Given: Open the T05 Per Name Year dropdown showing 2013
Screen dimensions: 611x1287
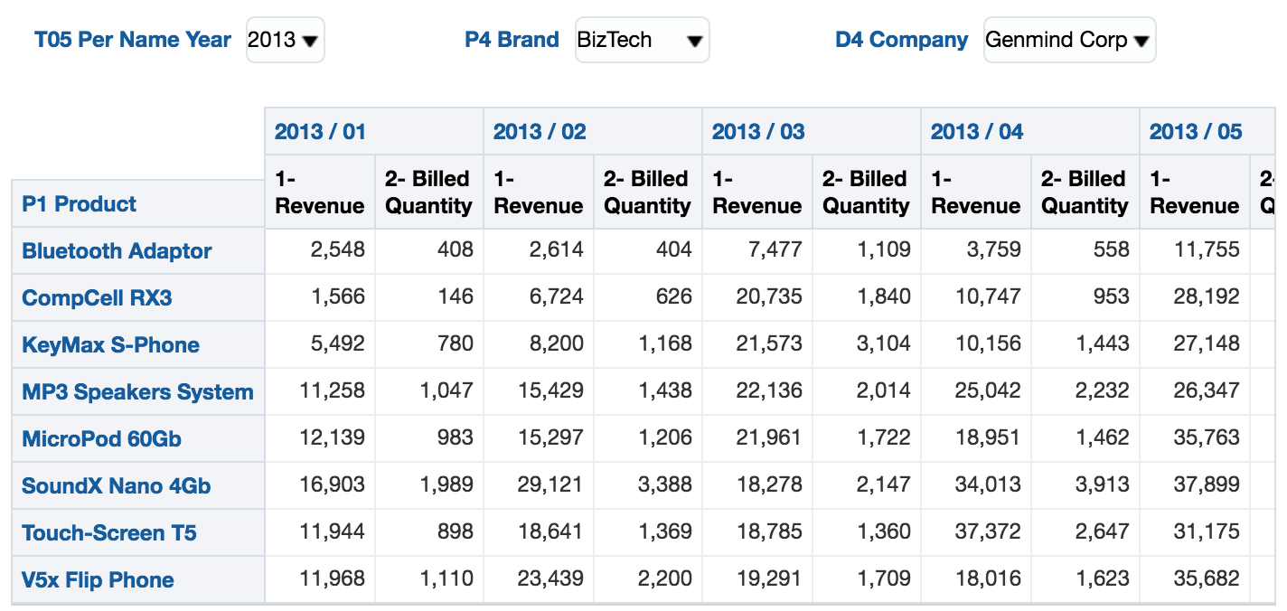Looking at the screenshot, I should (x=285, y=41).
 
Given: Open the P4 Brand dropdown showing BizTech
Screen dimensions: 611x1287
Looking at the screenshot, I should (x=642, y=41).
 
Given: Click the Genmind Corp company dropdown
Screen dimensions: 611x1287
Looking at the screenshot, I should (x=1068, y=41).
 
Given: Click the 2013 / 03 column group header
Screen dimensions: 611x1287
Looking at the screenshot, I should (x=757, y=132).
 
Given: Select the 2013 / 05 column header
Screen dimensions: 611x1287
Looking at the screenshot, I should (x=1195, y=132).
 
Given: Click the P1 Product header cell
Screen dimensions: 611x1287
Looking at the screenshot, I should (x=80, y=204).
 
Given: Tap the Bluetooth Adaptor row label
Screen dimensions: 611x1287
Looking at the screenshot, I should (x=117, y=251).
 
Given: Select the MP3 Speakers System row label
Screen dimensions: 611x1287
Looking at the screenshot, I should (x=137, y=392).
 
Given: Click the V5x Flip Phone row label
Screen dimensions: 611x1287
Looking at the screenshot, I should (x=98, y=580).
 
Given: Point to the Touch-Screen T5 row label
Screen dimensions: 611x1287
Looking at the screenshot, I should (x=108, y=533).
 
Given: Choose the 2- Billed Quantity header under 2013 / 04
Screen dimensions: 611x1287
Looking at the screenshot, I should (x=1084, y=193).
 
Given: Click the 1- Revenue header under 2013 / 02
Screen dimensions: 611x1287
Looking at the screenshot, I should (x=538, y=193).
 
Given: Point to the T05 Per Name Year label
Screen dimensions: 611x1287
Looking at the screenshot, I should (x=133, y=41).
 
